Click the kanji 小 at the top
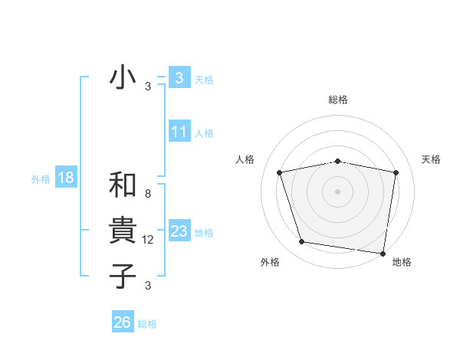pos(123,78)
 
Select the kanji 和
pos(123,185)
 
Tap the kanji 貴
pos(123,231)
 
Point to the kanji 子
pos(123,276)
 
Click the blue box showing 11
pos(179,132)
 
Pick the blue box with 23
pos(179,231)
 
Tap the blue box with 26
pos(123,322)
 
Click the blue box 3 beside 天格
pos(179,77)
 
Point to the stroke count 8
pos(148,194)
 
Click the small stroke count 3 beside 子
pos(148,286)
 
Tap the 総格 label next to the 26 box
pos(147,324)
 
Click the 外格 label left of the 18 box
pos(41,179)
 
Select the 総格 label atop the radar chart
pos(338,100)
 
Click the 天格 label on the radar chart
pos(431,159)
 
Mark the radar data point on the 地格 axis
pos(383,253)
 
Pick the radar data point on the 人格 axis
pos(280,172)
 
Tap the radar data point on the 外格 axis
pos(302,242)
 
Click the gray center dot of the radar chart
pos(338,191)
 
